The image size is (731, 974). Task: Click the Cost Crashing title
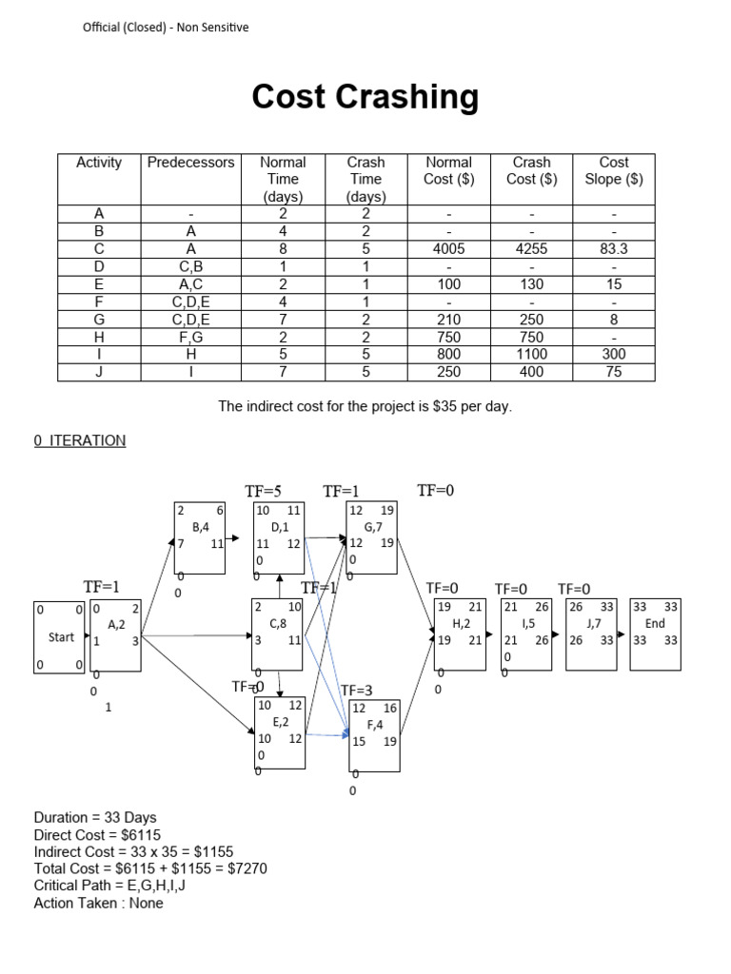[365, 97]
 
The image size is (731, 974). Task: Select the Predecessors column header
[190, 163]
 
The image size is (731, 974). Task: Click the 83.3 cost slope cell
[613, 249]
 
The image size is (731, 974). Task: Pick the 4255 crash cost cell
[531, 249]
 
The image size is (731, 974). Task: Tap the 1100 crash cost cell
[531, 356]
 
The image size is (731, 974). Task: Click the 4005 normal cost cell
[448, 249]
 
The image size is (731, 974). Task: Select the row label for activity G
[99, 321]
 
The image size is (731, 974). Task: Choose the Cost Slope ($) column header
[613, 170]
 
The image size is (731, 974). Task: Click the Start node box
[59, 637]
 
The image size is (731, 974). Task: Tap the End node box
[655, 633]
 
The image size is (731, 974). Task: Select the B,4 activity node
[200, 536]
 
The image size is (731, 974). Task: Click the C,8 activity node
[278, 633]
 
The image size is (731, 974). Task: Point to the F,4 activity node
[374, 734]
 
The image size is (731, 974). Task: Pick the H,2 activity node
[460, 633]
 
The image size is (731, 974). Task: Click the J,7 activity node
[591, 633]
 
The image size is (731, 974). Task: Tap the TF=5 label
[264, 492]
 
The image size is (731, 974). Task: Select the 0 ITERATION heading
[80, 440]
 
